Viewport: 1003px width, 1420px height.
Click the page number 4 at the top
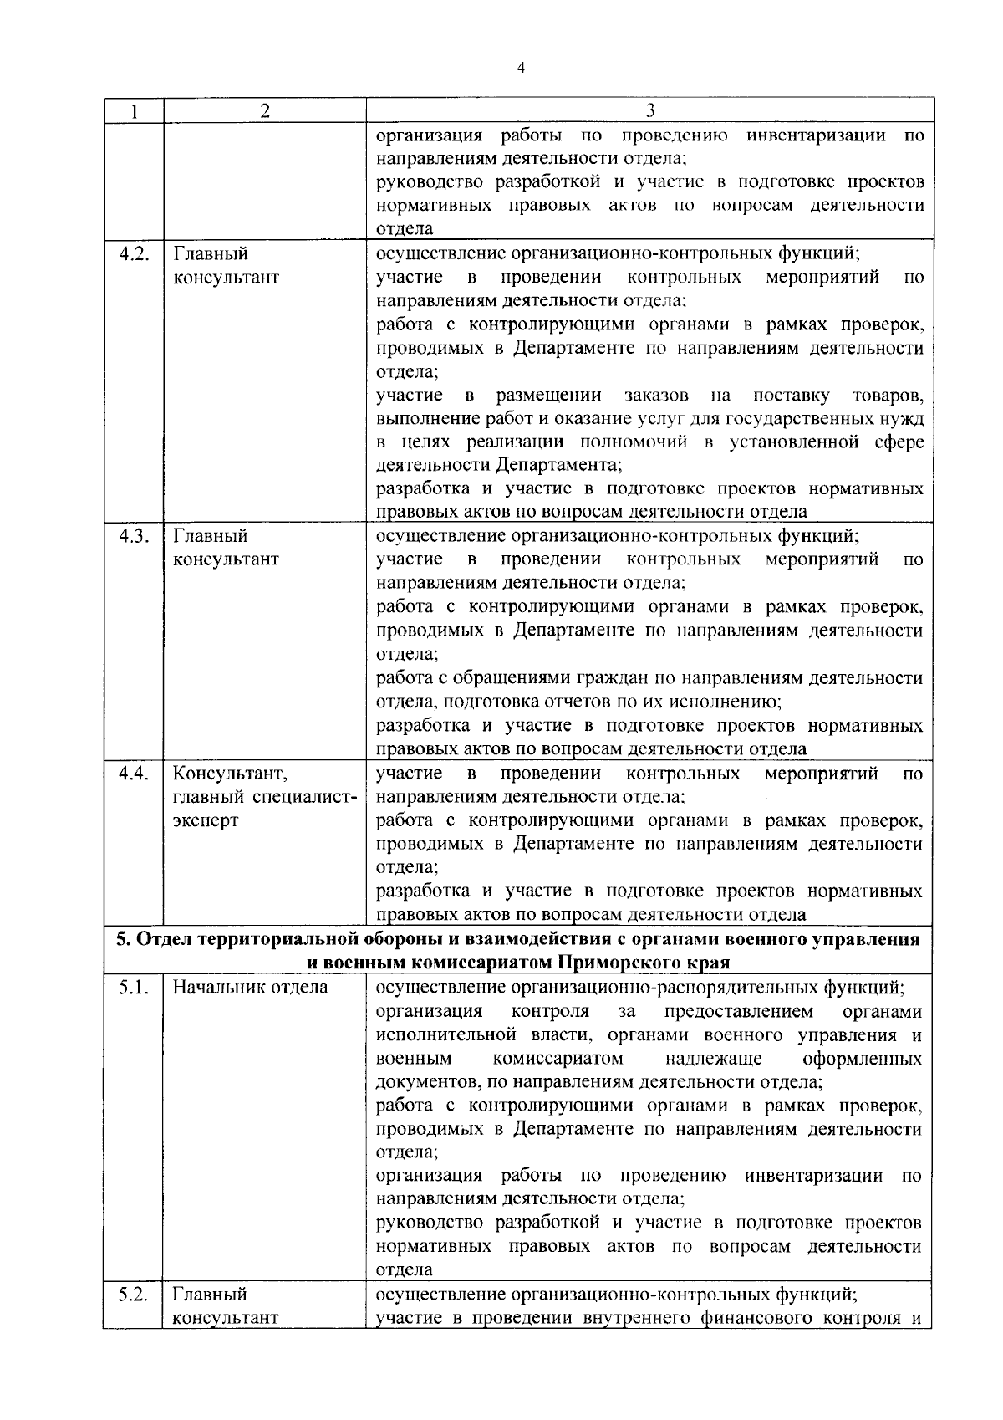pyautogui.click(x=521, y=69)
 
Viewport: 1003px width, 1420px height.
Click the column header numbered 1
pyautogui.click(x=133, y=111)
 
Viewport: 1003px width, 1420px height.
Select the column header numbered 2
pyautogui.click(x=264, y=111)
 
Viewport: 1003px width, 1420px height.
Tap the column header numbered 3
pyautogui.click(x=650, y=111)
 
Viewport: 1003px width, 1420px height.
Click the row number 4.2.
pyautogui.click(x=134, y=254)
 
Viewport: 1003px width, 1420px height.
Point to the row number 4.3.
pyautogui.click(x=134, y=536)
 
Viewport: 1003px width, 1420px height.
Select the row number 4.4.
pyautogui.click(x=134, y=774)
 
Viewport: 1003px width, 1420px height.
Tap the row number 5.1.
pyautogui.click(x=134, y=988)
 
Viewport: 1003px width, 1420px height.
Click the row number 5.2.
pyautogui.click(x=134, y=1295)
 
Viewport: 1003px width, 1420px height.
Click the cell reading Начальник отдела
pyautogui.click(x=250, y=988)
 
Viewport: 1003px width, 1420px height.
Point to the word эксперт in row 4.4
pyautogui.click(x=205, y=820)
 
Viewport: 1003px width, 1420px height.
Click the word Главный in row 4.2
pyautogui.click(x=210, y=254)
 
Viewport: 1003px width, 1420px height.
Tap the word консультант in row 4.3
pyautogui.click(x=226, y=559)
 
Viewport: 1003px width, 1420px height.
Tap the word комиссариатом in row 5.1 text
pyautogui.click(x=558, y=1060)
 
